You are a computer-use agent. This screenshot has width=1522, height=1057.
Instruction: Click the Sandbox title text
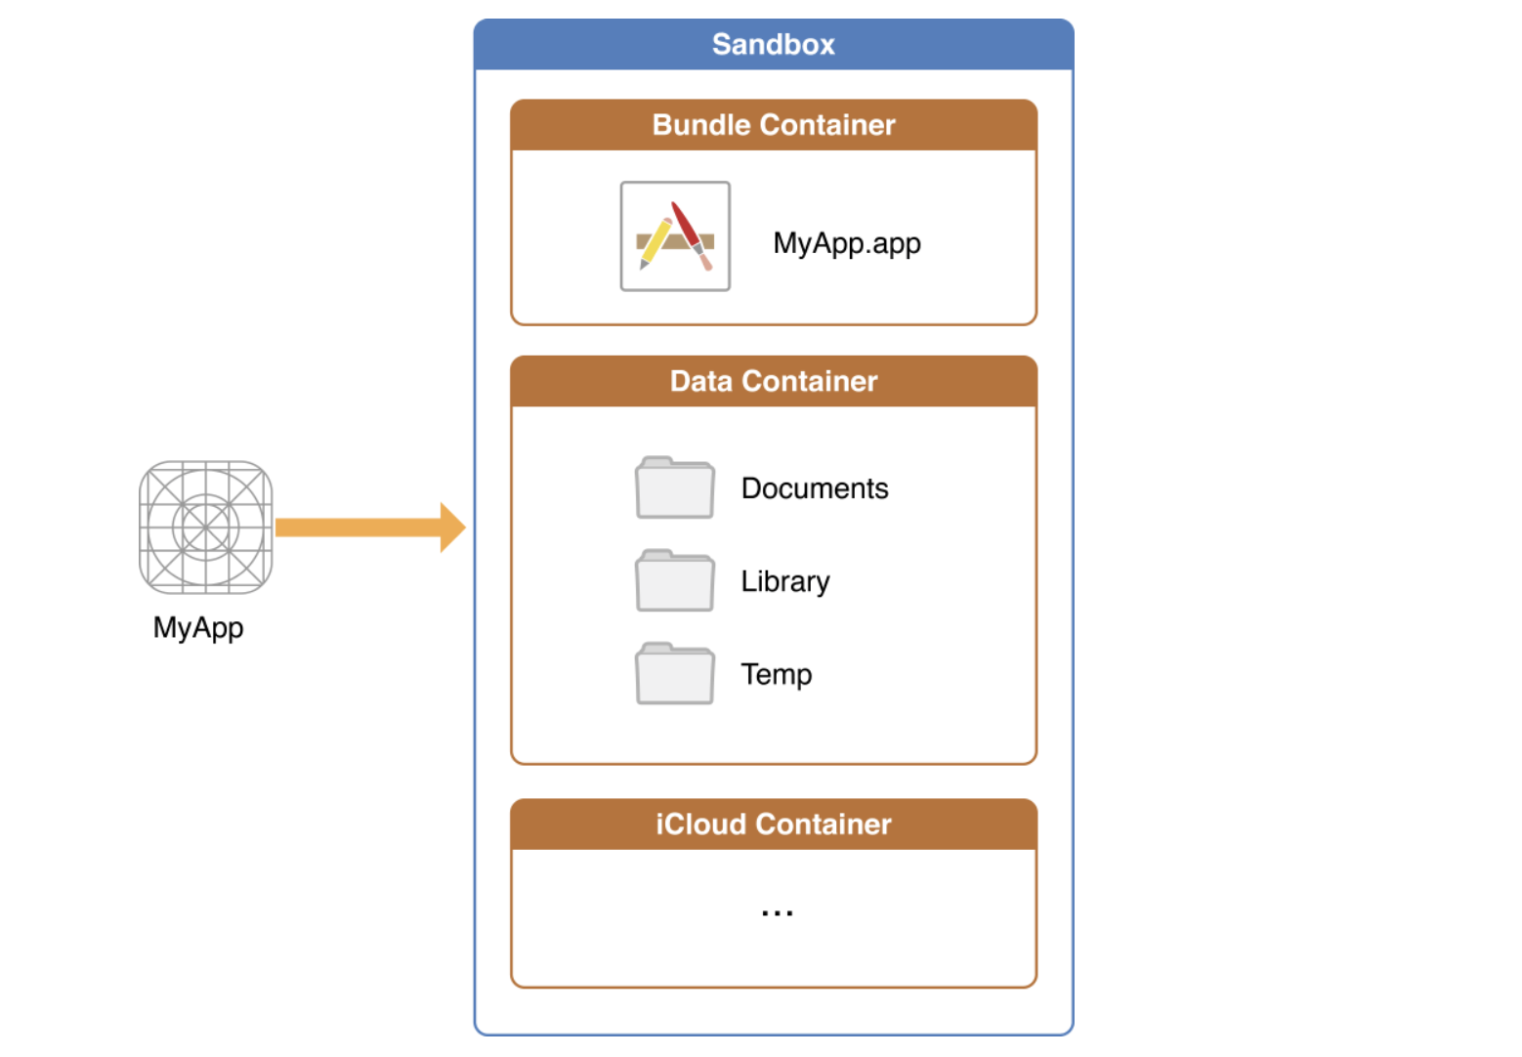(x=773, y=45)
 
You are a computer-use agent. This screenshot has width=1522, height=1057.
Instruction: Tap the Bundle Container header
(x=773, y=125)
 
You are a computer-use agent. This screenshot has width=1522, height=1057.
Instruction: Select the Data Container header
(x=773, y=381)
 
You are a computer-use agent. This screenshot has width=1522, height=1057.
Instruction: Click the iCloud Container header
(x=773, y=824)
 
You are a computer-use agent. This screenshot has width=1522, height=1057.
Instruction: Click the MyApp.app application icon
(x=675, y=236)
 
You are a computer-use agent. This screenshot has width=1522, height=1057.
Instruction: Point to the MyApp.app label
(x=846, y=242)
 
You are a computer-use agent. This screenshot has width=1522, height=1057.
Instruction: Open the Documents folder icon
(x=674, y=487)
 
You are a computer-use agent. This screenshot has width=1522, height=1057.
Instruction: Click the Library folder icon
(x=674, y=581)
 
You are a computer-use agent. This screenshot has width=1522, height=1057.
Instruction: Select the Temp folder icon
(x=674, y=674)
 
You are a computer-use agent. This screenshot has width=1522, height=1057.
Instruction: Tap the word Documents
(x=815, y=488)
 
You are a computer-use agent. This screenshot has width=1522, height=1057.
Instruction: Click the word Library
(x=784, y=582)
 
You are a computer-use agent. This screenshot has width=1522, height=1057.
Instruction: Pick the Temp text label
(x=776, y=675)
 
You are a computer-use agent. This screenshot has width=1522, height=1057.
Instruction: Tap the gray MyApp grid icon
(x=205, y=528)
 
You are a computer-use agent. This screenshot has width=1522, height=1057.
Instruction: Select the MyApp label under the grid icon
(x=198, y=627)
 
